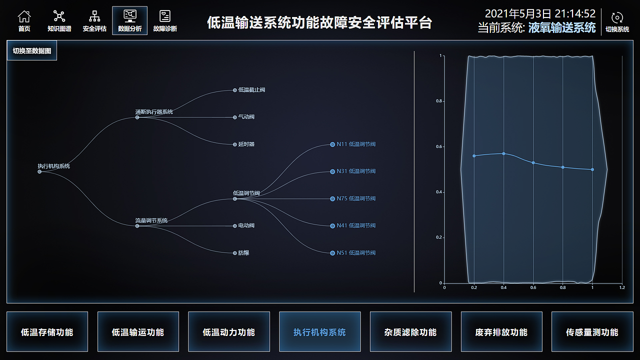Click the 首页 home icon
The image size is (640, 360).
click(x=24, y=17)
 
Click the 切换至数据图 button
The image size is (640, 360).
click(x=32, y=51)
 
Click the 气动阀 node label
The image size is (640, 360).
click(x=246, y=117)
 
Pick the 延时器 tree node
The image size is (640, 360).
click(x=246, y=144)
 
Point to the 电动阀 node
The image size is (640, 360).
click(x=246, y=225)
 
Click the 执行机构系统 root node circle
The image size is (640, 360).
click(x=39, y=171)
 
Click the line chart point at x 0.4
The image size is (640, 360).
click(x=503, y=153)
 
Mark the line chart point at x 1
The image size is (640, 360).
click(x=592, y=169)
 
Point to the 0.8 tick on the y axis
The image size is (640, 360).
click(x=439, y=101)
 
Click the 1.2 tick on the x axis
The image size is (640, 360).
click(x=622, y=287)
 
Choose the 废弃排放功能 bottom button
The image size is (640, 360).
click(x=501, y=332)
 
